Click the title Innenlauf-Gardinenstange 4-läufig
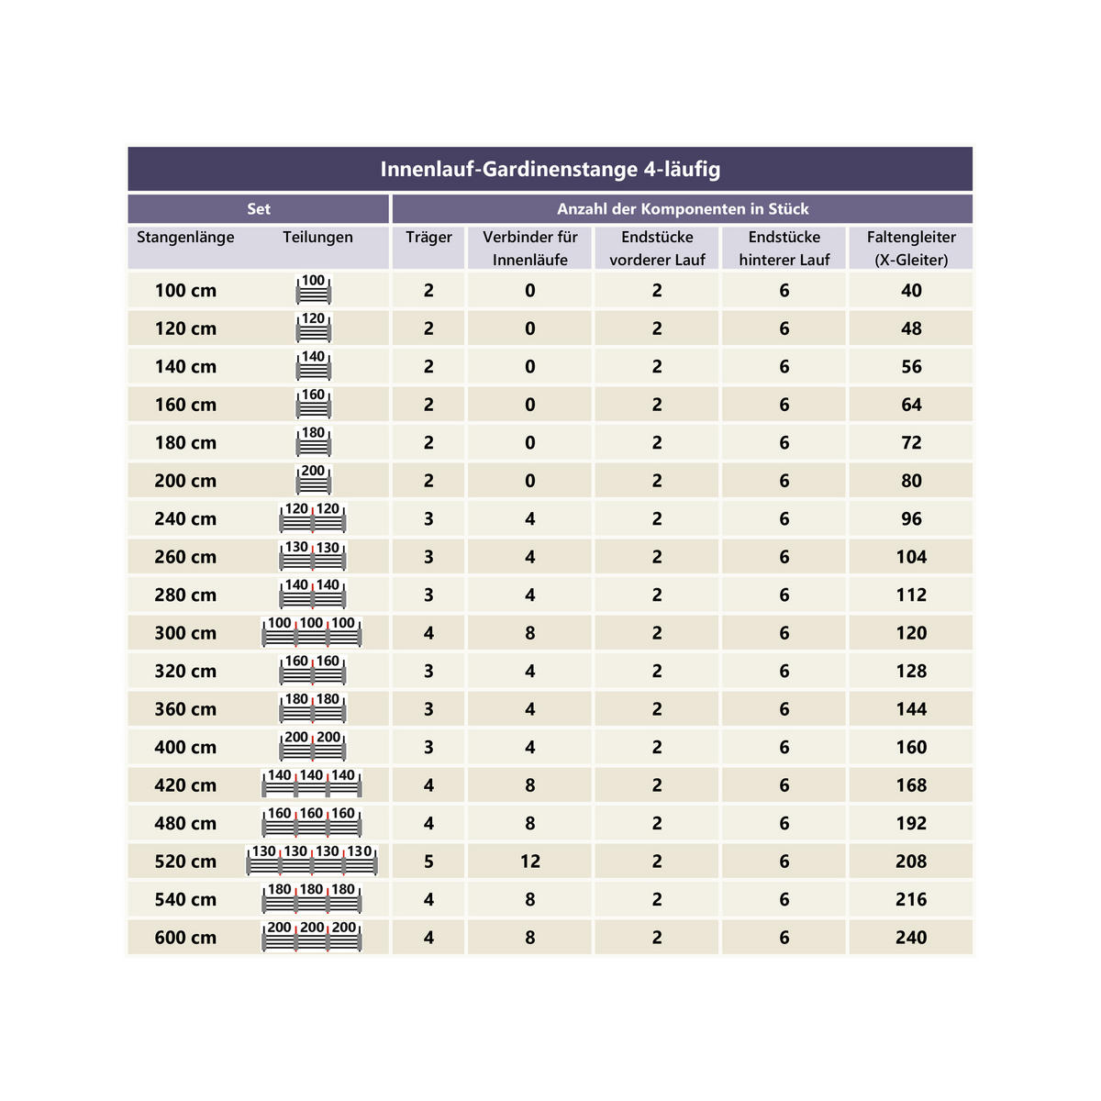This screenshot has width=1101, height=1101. click(550, 170)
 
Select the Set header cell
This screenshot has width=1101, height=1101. click(259, 209)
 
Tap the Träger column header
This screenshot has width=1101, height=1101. click(428, 238)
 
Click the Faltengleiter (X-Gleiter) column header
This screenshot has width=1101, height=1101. click(911, 248)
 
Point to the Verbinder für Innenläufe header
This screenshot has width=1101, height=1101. click(530, 248)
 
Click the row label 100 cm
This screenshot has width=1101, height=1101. click(185, 291)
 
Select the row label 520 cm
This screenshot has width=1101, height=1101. click(185, 862)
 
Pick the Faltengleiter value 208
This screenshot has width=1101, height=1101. click(911, 862)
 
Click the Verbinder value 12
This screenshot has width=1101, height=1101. click(530, 862)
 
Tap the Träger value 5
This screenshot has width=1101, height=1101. click(428, 862)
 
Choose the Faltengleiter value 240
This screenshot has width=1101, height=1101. click(911, 938)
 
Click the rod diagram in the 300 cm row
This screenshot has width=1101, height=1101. click(312, 632)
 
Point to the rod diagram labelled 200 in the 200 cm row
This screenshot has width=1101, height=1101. click(313, 479)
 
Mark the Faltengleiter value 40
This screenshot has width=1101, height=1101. click(911, 291)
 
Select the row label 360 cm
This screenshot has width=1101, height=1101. click(185, 709)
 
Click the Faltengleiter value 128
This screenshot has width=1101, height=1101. click(911, 671)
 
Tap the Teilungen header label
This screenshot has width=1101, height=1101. click(317, 238)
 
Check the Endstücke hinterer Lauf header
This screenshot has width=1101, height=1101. click(784, 248)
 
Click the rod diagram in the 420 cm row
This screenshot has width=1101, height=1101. click(312, 784)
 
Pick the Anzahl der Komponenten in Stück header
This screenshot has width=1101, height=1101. click(683, 209)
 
